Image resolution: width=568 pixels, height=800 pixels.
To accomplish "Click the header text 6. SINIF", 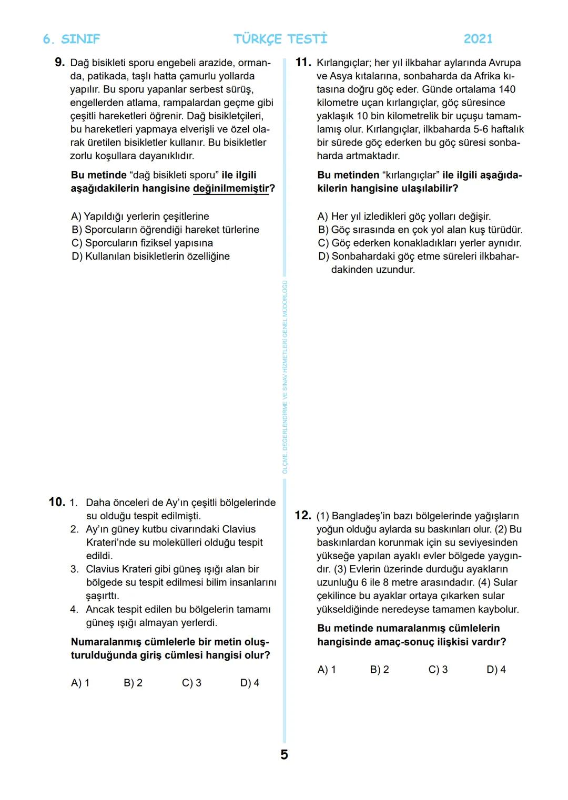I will pyautogui.click(x=71, y=39).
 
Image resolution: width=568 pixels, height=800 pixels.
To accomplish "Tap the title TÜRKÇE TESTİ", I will pyautogui.click(x=280, y=39).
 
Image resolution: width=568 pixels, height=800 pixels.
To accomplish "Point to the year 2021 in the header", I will pyautogui.click(x=478, y=39).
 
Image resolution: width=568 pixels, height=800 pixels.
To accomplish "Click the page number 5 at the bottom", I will pyautogui.click(x=284, y=755).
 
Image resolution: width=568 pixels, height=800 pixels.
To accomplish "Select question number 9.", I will pyautogui.click(x=59, y=63).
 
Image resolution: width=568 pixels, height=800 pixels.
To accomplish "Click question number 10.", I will pyautogui.click(x=56, y=502).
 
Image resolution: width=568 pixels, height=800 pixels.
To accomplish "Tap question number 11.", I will pyautogui.click(x=303, y=63).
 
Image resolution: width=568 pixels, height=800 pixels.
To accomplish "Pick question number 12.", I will pyautogui.click(x=303, y=516).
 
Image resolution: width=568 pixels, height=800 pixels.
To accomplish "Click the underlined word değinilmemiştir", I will pyautogui.click(x=231, y=189).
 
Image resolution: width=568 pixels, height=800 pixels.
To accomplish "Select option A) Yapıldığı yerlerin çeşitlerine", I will pyautogui.click(x=140, y=217).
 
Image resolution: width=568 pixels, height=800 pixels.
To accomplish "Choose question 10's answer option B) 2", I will pyautogui.click(x=133, y=683).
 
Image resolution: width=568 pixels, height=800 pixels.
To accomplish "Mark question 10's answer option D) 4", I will pyautogui.click(x=249, y=683).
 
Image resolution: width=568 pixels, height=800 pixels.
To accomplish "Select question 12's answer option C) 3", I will pyautogui.click(x=438, y=670).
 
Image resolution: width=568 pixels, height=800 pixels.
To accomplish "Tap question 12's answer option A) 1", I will pyautogui.click(x=327, y=670).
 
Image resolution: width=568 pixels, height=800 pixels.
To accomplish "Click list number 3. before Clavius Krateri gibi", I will pyautogui.click(x=74, y=569).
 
